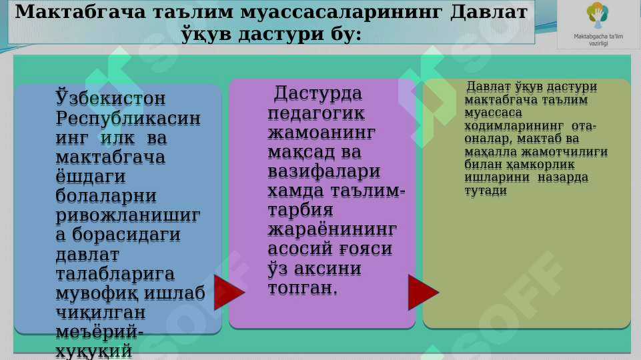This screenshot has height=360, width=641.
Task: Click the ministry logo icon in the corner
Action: pyautogui.click(x=597, y=15)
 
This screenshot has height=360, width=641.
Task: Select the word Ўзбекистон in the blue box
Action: pyautogui.click(x=111, y=99)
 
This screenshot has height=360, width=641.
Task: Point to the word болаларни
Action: pyautogui.click(x=107, y=197)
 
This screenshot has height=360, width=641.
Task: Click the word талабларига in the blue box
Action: pyautogui.click(x=115, y=274)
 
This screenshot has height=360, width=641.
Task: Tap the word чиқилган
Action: pyautogui.click(x=101, y=313)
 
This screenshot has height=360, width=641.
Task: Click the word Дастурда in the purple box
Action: pyautogui.click(x=318, y=93)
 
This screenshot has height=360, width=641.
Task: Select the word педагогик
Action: pyautogui.click(x=316, y=113)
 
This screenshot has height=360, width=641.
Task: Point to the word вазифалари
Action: pyautogui.click(x=324, y=171)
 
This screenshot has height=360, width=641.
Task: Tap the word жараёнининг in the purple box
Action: pyautogui.click(x=332, y=230)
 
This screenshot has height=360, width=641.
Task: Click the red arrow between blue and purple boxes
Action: pyautogui.click(x=228, y=292)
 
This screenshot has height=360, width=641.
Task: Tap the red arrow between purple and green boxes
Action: pyautogui.click(x=423, y=292)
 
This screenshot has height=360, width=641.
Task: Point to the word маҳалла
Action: pyautogui.click(x=488, y=151)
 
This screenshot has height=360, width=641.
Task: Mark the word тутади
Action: pyautogui.click(x=486, y=190)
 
